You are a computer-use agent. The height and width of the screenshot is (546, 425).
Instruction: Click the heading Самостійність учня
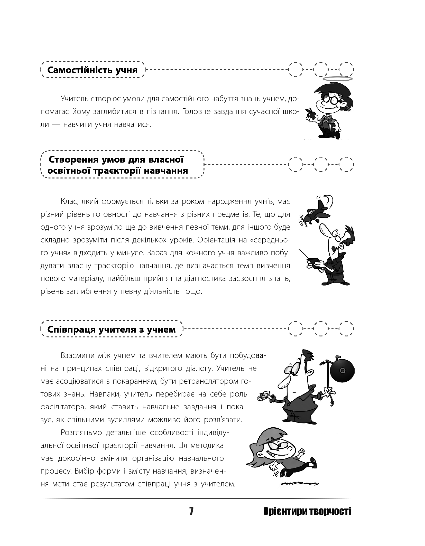[x=93, y=70]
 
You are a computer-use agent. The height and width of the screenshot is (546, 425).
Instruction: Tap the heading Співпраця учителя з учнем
[x=112, y=330]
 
